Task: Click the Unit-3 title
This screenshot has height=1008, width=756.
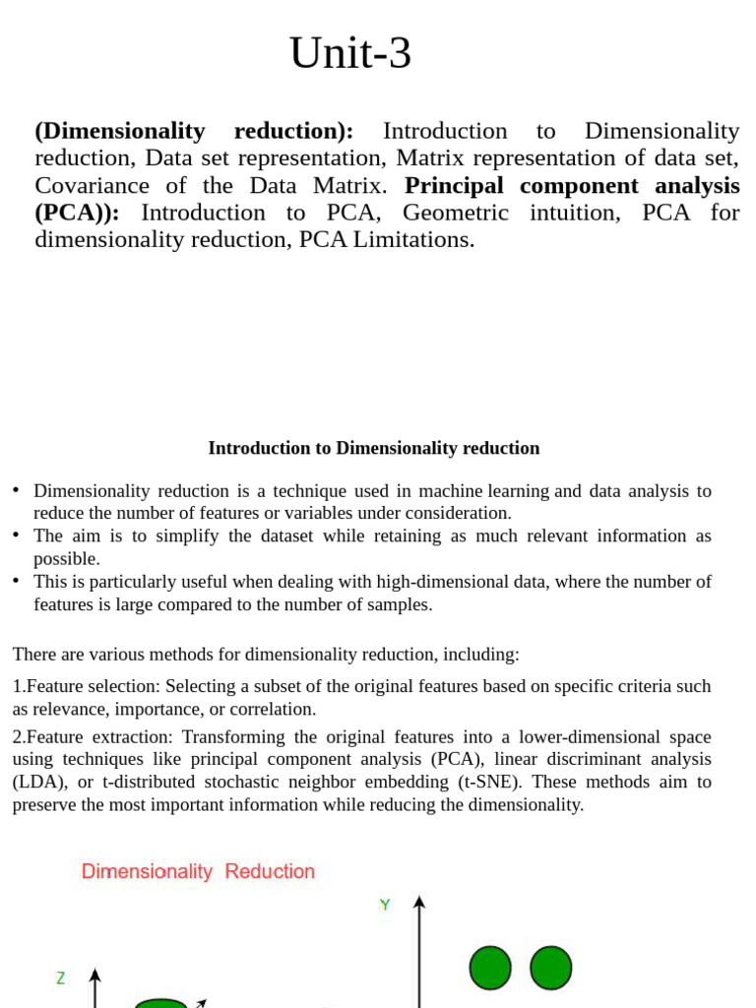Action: click(x=350, y=54)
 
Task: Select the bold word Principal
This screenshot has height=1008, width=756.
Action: click(x=456, y=185)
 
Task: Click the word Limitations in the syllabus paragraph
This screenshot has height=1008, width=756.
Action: click(x=419, y=239)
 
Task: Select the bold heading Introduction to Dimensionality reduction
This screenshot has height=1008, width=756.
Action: click(x=374, y=448)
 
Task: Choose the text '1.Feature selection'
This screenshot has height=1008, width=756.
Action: click(x=85, y=686)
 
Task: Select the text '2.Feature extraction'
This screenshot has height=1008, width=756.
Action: click(x=89, y=737)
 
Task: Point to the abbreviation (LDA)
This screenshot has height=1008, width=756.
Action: click(x=34, y=782)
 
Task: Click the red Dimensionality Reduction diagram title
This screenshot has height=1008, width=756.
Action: click(x=198, y=871)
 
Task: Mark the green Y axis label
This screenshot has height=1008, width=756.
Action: click(x=385, y=905)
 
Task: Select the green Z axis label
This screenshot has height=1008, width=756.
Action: click(x=61, y=977)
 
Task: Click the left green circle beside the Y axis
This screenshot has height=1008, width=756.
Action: click(x=489, y=968)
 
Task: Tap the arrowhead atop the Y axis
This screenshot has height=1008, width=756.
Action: click(x=419, y=902)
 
